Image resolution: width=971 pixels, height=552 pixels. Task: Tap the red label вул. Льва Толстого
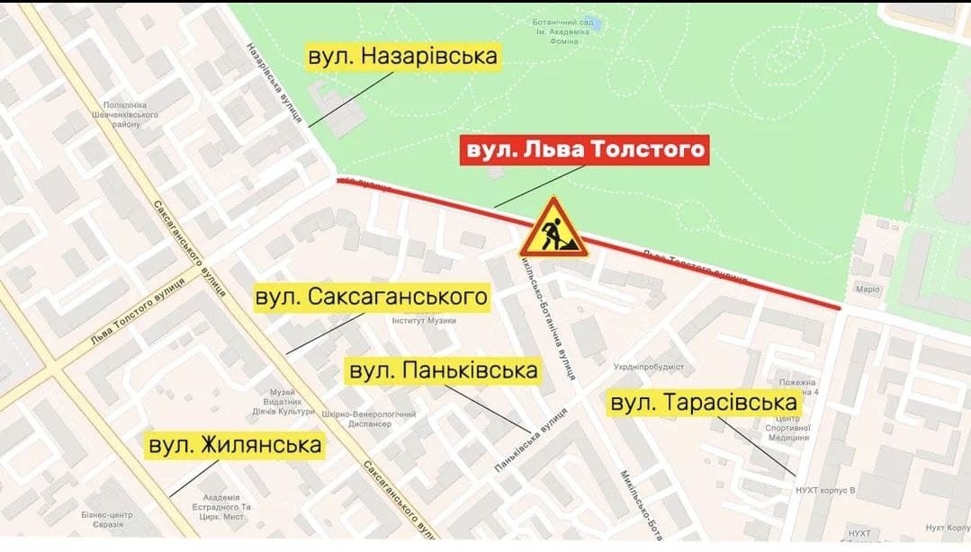[x=585, y=150]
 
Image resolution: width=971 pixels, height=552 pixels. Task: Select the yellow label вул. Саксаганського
[x=372, y=297]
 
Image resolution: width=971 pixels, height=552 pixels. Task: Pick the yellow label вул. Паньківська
[x=444, y=370]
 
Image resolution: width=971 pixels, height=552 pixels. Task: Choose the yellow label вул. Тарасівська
[x=705, y=404]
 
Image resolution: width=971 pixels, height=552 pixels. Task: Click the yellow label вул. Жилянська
[x=235, y=445]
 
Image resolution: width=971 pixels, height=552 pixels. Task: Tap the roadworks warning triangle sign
[x=553, y=228]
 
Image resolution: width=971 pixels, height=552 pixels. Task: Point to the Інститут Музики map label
[x=424, y=321]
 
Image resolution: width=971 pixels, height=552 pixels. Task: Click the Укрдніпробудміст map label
[x=650, y=367]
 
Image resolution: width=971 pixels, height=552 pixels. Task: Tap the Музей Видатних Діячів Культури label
[x=290, y=402]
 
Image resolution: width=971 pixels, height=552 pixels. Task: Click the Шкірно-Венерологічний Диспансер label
[x=368, y=419]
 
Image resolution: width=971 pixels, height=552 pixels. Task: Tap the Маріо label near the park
[x=867, y=289]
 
